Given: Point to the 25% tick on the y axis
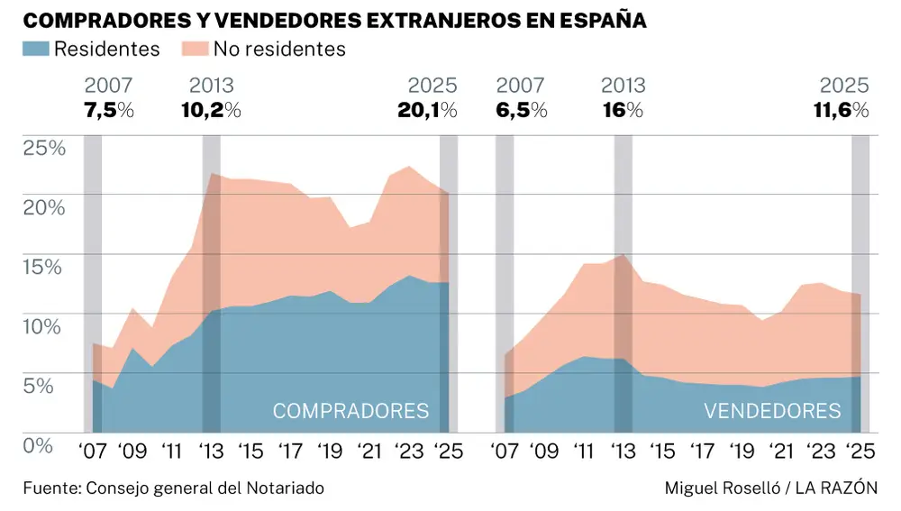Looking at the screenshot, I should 44,148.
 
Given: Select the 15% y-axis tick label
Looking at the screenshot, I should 44,267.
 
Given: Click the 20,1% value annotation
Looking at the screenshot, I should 427,111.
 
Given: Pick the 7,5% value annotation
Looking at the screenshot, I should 108,111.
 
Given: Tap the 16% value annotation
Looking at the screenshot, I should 623,111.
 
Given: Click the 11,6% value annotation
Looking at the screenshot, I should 839,111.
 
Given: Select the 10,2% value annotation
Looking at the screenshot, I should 211,111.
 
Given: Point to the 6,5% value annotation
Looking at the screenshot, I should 521,111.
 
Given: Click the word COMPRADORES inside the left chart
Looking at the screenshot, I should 350,412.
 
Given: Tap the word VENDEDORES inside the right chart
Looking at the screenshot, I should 772,412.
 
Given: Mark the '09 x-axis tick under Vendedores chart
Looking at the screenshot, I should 545,452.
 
